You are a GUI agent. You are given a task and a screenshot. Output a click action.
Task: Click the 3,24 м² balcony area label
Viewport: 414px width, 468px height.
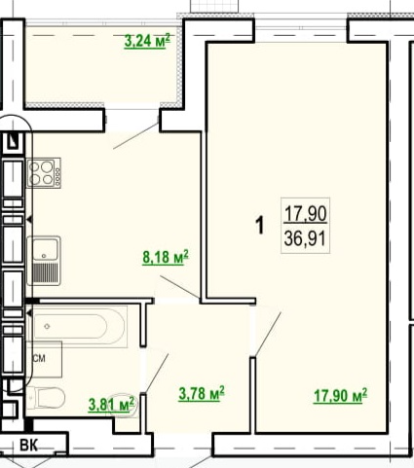click(x=147, y=41)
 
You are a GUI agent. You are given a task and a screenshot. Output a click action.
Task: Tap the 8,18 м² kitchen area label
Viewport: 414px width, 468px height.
click(x=166, y=257)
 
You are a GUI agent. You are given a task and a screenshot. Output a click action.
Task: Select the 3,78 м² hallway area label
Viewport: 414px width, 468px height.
click(x=202, y=393)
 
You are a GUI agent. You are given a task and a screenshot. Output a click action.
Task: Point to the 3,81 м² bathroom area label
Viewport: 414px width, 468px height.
click(x=111, y=404)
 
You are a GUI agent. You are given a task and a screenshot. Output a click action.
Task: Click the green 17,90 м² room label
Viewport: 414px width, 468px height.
click(x=341, y=396)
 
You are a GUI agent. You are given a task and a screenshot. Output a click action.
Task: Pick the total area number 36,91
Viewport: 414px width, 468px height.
click(x=305, y=239)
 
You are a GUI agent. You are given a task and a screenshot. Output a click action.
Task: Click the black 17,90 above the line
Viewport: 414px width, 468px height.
click(x=305, y=214)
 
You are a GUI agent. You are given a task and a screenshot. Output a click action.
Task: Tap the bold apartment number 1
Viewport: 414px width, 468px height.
click(x=260, y=226)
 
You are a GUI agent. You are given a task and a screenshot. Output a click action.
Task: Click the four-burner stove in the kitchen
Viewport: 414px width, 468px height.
click(x=44, y=172)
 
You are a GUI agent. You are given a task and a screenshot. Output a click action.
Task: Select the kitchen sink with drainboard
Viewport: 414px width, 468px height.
click(x=44, y=261)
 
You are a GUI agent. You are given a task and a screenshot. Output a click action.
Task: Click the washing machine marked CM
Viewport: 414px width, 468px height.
click(x=45, y=359)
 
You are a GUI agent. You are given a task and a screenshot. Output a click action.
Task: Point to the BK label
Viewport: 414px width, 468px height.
click(x=29, y=446)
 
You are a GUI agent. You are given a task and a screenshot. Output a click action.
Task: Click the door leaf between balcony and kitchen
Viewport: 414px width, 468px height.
click(x=135, y=136)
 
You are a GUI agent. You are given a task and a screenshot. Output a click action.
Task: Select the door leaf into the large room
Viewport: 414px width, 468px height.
click(x=268, y=335)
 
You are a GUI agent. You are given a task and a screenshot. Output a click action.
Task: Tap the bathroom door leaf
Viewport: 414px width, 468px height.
click(x=156, y=374)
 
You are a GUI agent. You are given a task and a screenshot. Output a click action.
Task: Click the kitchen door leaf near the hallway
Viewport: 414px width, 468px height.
click(x=179, y=287)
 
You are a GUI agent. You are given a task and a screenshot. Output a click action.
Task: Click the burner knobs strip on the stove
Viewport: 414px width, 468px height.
click(x=57, y=172)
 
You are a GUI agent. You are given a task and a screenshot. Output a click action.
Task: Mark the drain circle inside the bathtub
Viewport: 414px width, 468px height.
click(x=48, y=326)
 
